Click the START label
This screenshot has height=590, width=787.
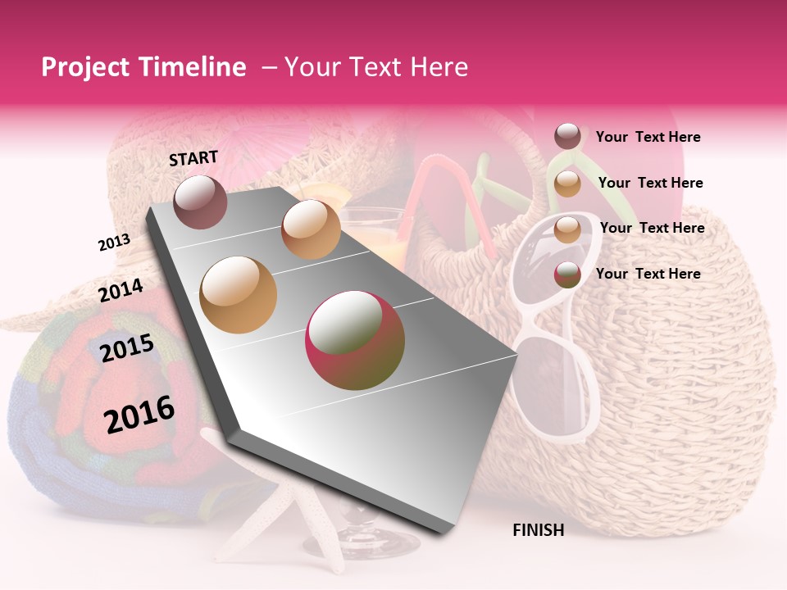point(193,158)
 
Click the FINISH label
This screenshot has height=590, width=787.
point(538,530)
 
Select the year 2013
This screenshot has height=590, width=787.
point(114,243)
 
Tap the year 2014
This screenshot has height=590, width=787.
point(121,290)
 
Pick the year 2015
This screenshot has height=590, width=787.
point(127,348)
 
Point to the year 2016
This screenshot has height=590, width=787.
point(139,414)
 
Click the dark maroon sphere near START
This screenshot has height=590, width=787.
point(200,202)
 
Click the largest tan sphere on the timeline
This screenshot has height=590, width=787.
point(238,294)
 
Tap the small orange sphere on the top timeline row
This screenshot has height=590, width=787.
point(311,229)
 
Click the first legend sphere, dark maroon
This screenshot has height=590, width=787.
point(567,137)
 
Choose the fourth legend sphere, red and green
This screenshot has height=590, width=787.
point(567,275)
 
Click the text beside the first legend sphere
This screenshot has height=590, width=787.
point(648,137)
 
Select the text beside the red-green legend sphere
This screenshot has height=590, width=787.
point(648,274)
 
